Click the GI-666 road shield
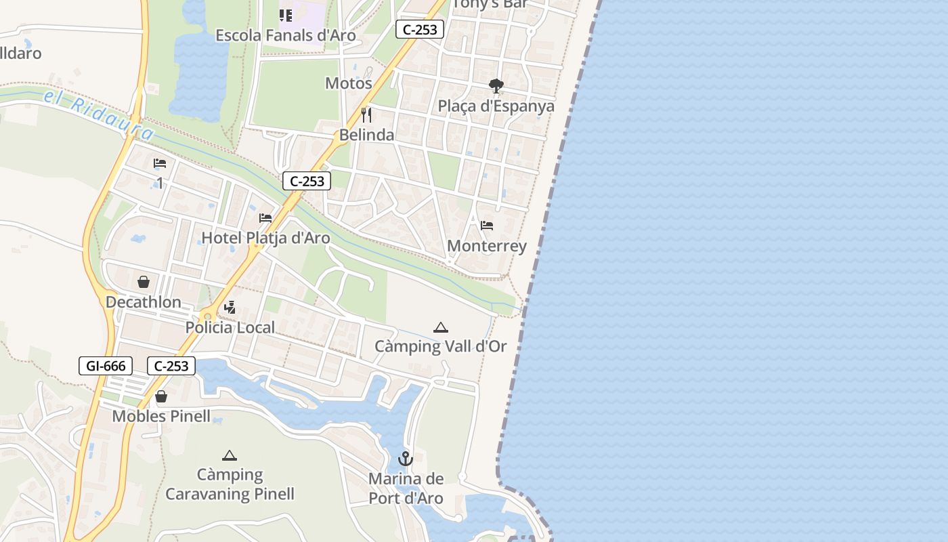click(106, 366)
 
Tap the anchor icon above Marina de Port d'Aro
click(406, 459)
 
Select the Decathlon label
click(144, 302)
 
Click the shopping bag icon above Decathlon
click(144, 282)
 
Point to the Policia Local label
click(230, 328)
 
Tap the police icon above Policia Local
click(230, 308)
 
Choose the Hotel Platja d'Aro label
click(266, 238)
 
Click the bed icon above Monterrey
click(487, 226)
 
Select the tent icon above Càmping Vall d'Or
click(441, 328)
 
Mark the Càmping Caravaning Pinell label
click(230, 484)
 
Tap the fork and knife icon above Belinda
click(366, 114)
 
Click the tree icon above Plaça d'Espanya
click(496, 86)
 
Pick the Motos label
click(349, 83)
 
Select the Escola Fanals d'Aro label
click(286, 35)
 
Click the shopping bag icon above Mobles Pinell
click(161, 396)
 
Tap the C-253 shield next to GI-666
click(171, 366)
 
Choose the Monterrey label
click(487, 246)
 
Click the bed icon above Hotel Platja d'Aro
click(265, 218)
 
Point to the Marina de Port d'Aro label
click(406, 488)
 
